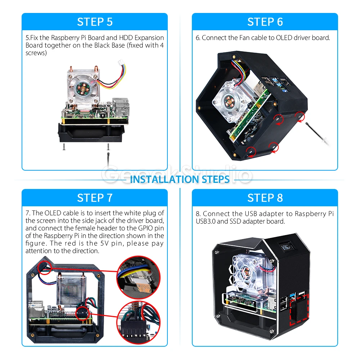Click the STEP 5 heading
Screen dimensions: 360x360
(x=95, y=22)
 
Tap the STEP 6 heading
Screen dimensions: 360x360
(x=265, y=22)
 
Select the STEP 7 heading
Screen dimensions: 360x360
(x=95, y=198)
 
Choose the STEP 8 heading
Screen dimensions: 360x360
(x=265, y=198)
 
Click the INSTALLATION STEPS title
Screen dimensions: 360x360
(x=180, y=179)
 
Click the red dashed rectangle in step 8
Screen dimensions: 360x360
(x=299, y=310)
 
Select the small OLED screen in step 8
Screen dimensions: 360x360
(x=286, y=247)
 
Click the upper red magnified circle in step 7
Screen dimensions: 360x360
(x=139, y=277)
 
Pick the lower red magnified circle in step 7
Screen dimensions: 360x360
(x=139, y=323)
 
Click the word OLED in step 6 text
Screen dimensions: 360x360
(x=284, y=38)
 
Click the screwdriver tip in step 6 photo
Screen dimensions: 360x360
(x=306, y=123)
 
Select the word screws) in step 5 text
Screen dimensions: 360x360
(x=36, y=53)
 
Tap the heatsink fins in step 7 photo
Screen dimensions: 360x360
(x=71, y=289)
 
